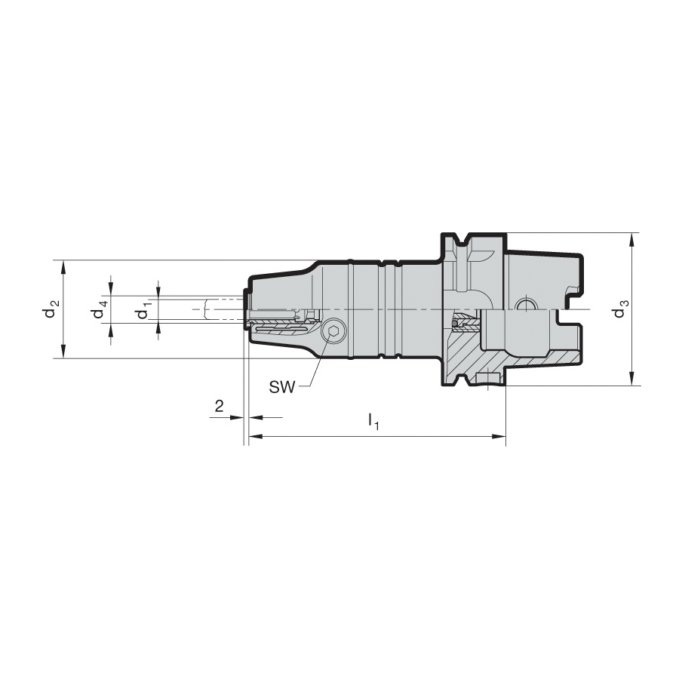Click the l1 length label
(x=373, y=421)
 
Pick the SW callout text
(x=282, y=387)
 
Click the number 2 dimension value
(x=219, y=406)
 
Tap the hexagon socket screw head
(x=333, y=332)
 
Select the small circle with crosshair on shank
(x=524, y=306)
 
